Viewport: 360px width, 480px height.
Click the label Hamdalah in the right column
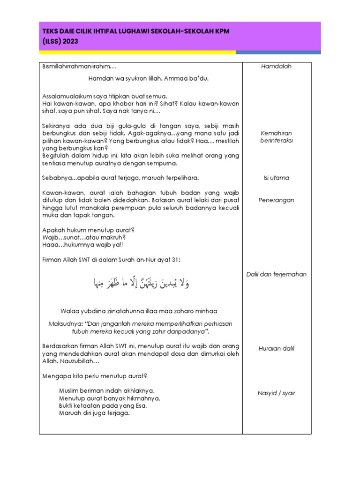point(276,67)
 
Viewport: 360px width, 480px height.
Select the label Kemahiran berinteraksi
point(276,137)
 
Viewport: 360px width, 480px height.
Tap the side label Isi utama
point(276,178)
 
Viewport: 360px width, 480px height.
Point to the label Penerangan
point(276,200)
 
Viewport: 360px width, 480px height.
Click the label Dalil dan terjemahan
point(276,274)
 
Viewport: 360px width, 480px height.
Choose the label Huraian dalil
point(276,349)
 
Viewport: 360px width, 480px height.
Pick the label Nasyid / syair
point(276,393)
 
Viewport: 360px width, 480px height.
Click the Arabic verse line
point(141,283)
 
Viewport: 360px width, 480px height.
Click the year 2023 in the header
point(69,41)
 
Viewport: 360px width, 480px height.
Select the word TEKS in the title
point(51,30)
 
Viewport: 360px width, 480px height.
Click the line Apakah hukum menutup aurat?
point(89,230)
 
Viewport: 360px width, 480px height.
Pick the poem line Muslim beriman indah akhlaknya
point(107,390)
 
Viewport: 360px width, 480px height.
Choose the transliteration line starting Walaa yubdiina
point(139,311)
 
